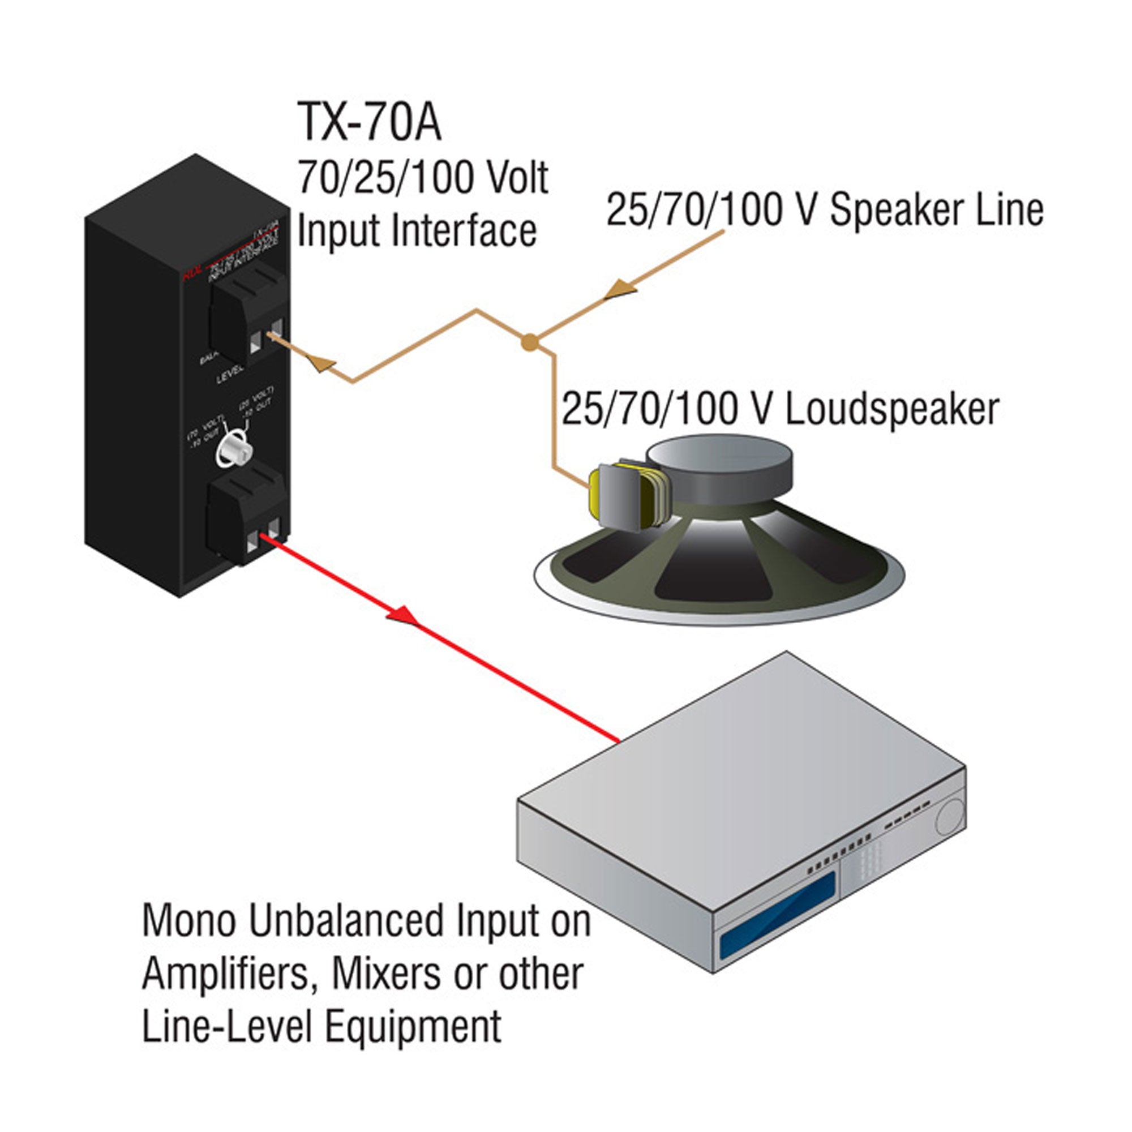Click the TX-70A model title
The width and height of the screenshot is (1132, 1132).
(x=369, y=122)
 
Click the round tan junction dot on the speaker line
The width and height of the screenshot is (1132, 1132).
(x=529, y=342)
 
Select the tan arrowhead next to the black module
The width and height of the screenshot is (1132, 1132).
(x=321, y=364)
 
